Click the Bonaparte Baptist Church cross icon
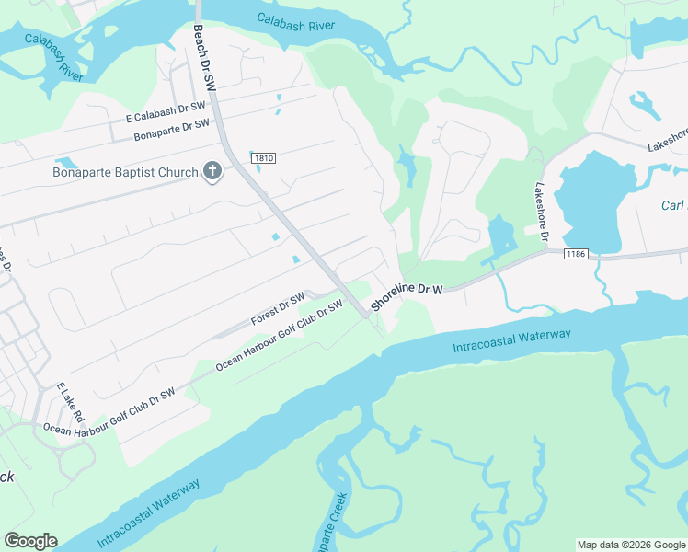(x=212, y=171)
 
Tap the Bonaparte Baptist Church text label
(x=125, y=172)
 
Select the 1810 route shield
(x=261, y=158)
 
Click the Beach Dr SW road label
(x=204, y=57)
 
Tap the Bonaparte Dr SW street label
(x=172, y=130)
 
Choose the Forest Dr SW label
(x=278, y=311)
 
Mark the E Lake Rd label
(x=70, y=403)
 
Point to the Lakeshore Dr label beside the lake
(x=537, y=213)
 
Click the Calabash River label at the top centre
(x=295, y=22)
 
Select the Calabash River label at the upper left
(x=54, y=58)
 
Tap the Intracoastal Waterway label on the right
(x=511, y=340)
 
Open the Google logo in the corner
(x=30, y=541)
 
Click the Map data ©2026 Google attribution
(x=631, y=545)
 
